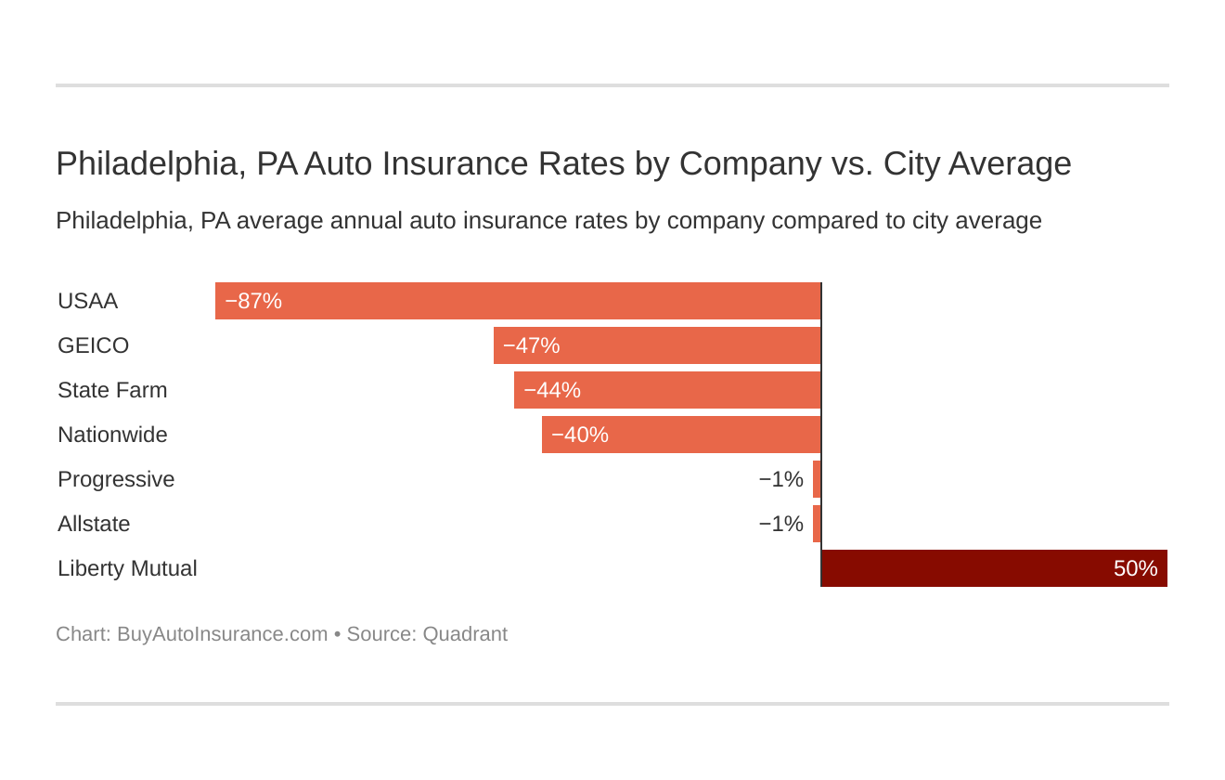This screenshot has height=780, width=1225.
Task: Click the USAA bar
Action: [x=518, y=301]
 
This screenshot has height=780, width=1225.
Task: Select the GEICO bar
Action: [x=657, y=345]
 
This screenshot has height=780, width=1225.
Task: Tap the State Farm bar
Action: [x=667, y=390]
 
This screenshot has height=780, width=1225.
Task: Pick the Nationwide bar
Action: [x=681, y=435]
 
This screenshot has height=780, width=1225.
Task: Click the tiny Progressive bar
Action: [x=817, y=479]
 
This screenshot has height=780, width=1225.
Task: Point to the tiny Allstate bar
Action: [x=817, y=524]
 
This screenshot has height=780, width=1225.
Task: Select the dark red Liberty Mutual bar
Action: [x=994, y=568]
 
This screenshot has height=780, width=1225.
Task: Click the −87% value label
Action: [x=253, y=301]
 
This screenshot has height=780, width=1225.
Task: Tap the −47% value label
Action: [x=532, y=345]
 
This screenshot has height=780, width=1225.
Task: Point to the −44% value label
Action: [x=552, y=390]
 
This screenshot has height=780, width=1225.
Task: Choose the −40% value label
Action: [x=580, y=435]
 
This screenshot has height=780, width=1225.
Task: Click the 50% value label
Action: [x=1135, y=568]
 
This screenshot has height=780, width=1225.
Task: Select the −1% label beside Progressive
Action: [x=780, y=479]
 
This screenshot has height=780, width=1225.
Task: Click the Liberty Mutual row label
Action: [x=127, y=568]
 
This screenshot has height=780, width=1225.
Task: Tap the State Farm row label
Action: [x=112, y=390]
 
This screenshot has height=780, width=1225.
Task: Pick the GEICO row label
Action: [x=93, y=345]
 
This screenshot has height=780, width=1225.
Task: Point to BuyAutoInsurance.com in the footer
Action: [x=222, y=634]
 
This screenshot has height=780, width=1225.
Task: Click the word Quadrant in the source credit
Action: [x=464, y=634]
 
